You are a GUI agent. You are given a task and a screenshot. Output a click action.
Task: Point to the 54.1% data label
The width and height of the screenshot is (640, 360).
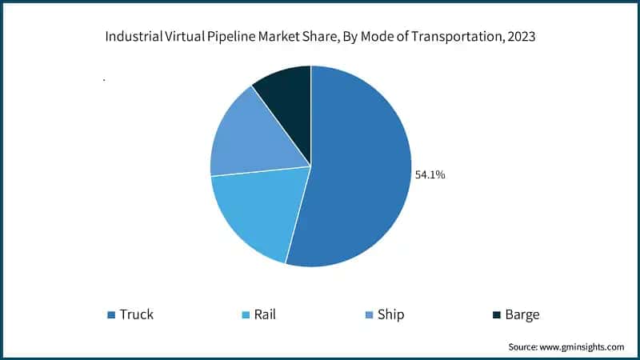pyautogui.click(x=429, y=174)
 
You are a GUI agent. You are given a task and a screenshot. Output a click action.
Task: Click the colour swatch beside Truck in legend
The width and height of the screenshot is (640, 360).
pyautogui.click(x=111, y=314)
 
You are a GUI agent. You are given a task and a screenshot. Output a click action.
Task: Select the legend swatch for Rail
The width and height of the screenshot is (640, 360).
pyautogui.click(x=246, y=314)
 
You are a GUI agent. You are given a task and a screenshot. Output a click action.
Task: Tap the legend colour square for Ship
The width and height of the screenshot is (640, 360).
pyautogui.click(x=370, y=314)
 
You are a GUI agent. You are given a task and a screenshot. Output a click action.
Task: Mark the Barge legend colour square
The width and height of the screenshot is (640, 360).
pyautogui.click(x=497, y=314)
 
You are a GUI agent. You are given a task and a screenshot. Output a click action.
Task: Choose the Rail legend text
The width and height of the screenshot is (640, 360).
pyautogui.click(x=265, y=314)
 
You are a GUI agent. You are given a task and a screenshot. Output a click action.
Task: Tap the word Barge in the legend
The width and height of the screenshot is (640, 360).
pyautogui.click(x=522, y=314)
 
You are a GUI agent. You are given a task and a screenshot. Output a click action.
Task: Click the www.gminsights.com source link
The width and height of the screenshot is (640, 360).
pyautogui.click(x=583, y=347)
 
